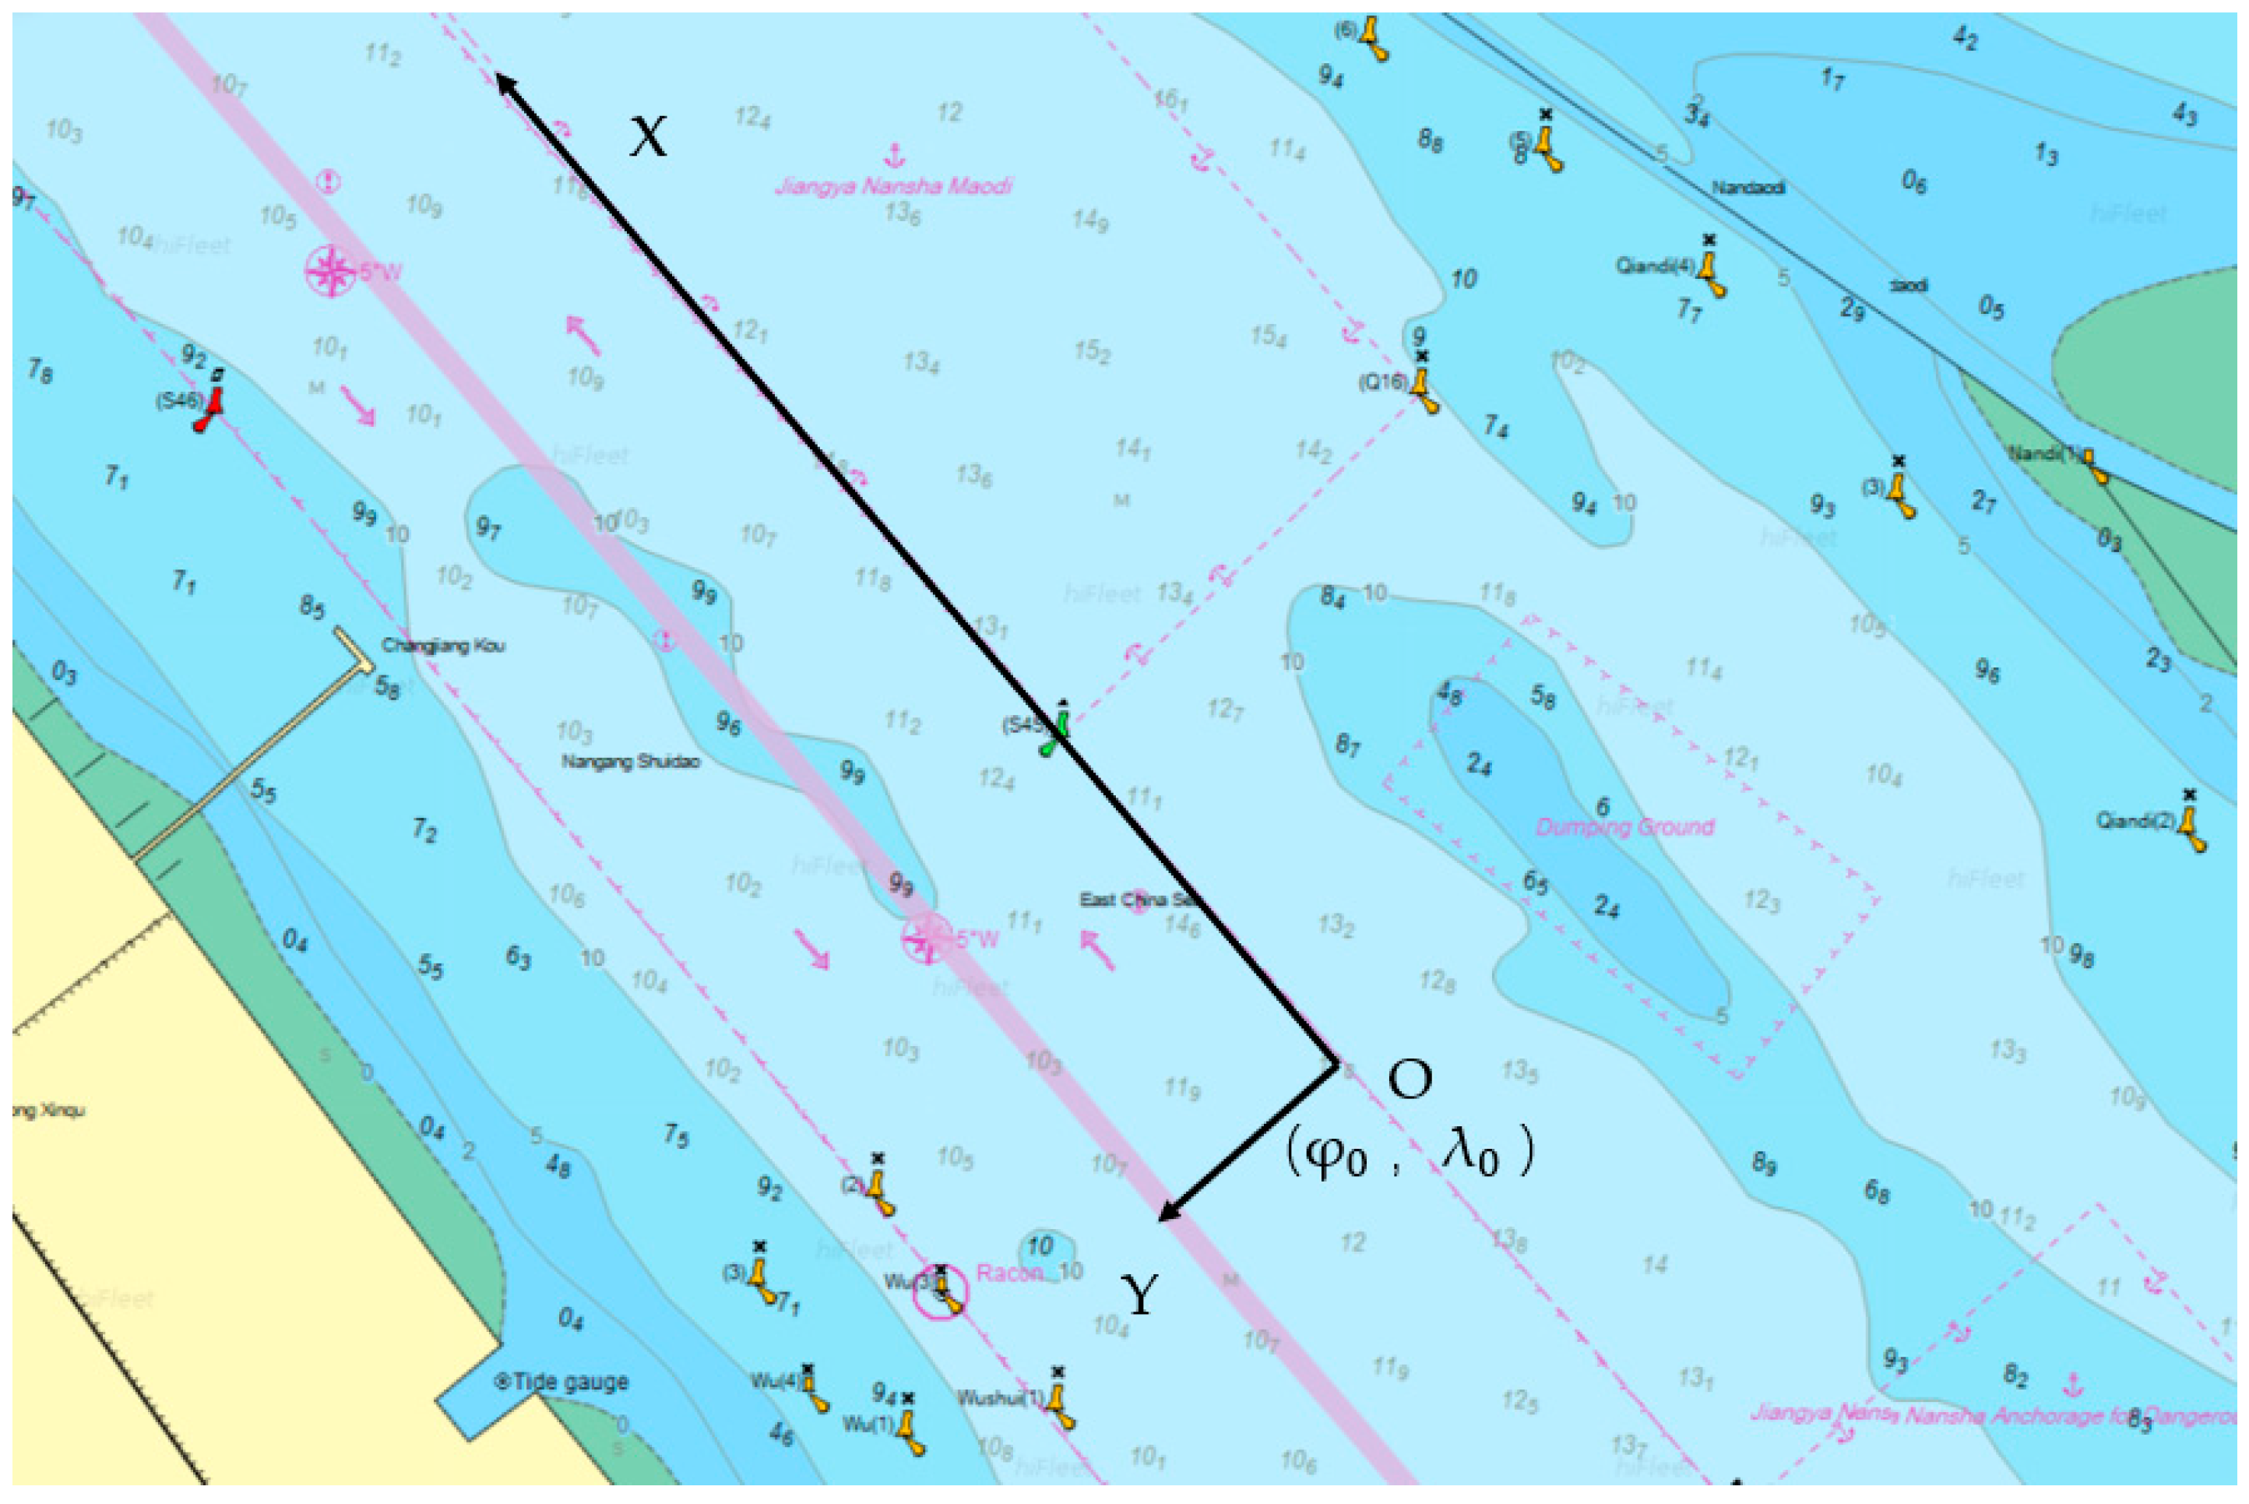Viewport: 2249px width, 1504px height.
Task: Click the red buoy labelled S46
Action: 209,407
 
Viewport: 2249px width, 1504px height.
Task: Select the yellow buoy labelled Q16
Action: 1424,389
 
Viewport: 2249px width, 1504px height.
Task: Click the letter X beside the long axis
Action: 649,137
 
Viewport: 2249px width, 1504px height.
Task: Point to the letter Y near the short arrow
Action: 1139,1296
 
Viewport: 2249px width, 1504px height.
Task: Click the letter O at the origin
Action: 1410,1080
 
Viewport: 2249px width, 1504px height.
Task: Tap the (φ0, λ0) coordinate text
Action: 1409,1151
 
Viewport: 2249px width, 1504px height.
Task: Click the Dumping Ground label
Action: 1624,827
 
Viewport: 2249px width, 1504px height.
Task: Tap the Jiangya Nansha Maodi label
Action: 893,185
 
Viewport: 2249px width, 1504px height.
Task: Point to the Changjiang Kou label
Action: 443,646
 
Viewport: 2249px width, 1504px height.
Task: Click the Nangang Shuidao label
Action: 630,762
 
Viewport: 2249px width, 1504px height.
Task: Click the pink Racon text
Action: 1008,1273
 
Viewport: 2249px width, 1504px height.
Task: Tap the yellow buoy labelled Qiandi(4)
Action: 1710,273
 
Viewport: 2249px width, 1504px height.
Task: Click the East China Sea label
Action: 1139,900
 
